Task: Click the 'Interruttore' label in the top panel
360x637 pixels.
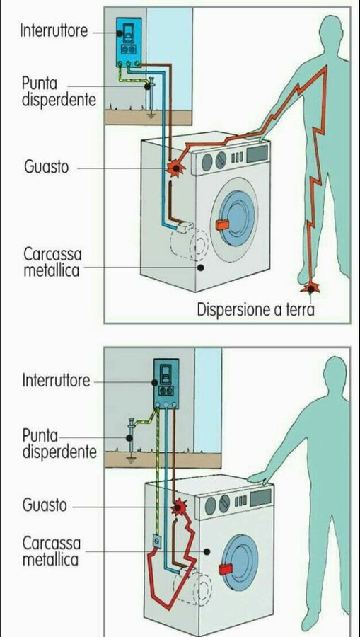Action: pyautogui.click(x=54, y=30)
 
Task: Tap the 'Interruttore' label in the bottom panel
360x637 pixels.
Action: pyautogui.click(x=56, y=381)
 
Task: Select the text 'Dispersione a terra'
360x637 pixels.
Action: pyautogui.click(x=256, y=309)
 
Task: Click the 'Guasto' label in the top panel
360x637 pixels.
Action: pyautogui.click(x=46, y=166)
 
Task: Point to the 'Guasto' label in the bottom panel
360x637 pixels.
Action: pyautogui.click(x=45, y=506)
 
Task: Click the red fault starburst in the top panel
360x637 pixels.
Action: pyautogui.click(x=175, y=167)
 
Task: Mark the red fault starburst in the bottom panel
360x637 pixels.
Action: pyautogui.click(x=178, y=507)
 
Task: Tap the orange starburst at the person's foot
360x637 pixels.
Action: pyautogui.click(x=310, y=288)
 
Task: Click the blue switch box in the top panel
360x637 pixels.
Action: pyautogui.click(x=129, y=42)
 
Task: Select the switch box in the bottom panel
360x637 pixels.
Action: pyautogui.click(x=166, y=383)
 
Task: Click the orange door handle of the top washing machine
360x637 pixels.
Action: pyautogui.click(x=222, y=224)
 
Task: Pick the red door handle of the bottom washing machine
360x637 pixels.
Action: pyautogui.click(x=225, y=569)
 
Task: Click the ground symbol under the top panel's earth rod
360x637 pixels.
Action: pyautogui.click(x=151, y=115)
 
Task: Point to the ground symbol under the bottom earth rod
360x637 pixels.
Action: pyautogui.click(x=130, y=460)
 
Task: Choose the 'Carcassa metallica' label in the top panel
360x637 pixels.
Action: pyautogui.click(x=52, y=262)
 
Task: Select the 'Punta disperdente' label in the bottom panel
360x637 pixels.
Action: pyautogui.click(x=59, y=444)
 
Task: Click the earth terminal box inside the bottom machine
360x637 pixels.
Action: pyautogui.click(x=157, y=541)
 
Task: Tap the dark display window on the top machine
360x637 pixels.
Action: pyautogui.click(x=257, y=153)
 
